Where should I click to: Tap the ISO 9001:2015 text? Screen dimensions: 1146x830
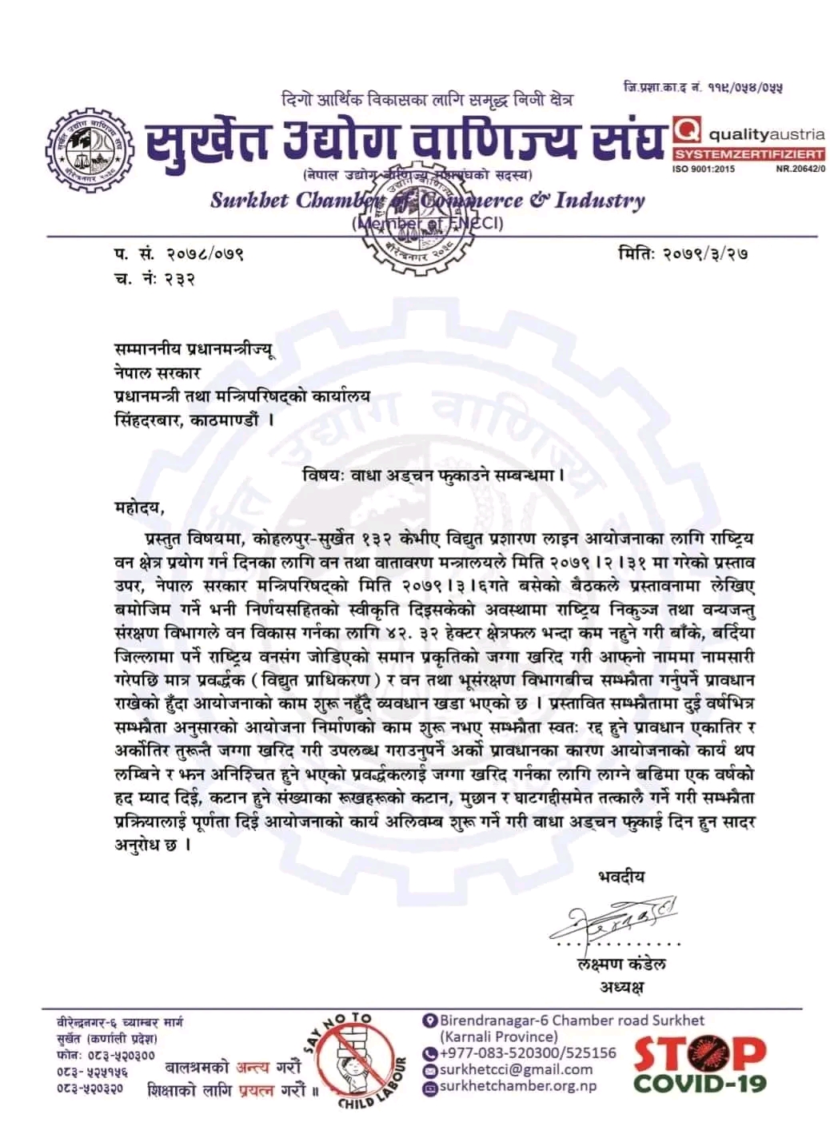704,169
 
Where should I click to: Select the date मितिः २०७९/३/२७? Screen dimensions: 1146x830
684,256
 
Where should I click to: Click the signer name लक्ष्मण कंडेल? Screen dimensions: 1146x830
621,964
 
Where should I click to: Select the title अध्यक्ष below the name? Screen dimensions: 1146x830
621,988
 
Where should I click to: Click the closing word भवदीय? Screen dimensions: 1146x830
621,877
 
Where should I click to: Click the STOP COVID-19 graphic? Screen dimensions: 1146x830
700,1064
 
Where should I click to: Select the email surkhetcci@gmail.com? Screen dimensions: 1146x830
516,1069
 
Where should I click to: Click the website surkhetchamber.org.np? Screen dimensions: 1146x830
517,1085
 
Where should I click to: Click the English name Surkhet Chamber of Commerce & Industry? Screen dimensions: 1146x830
427,200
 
